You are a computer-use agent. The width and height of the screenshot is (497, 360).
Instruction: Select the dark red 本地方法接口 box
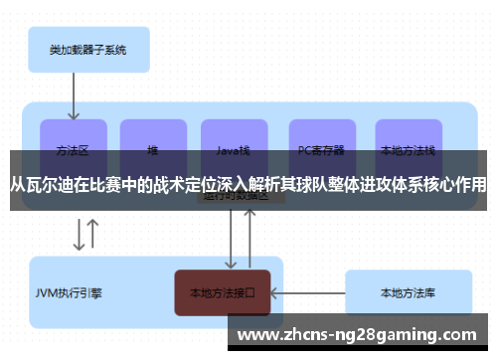coord(222,292)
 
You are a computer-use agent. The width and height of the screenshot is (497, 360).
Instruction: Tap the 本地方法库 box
coord(407,292)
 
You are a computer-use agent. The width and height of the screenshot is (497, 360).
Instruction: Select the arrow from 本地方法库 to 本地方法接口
coord(307,292)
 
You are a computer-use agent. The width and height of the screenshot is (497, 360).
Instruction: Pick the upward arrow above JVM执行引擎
coord(93,235)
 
